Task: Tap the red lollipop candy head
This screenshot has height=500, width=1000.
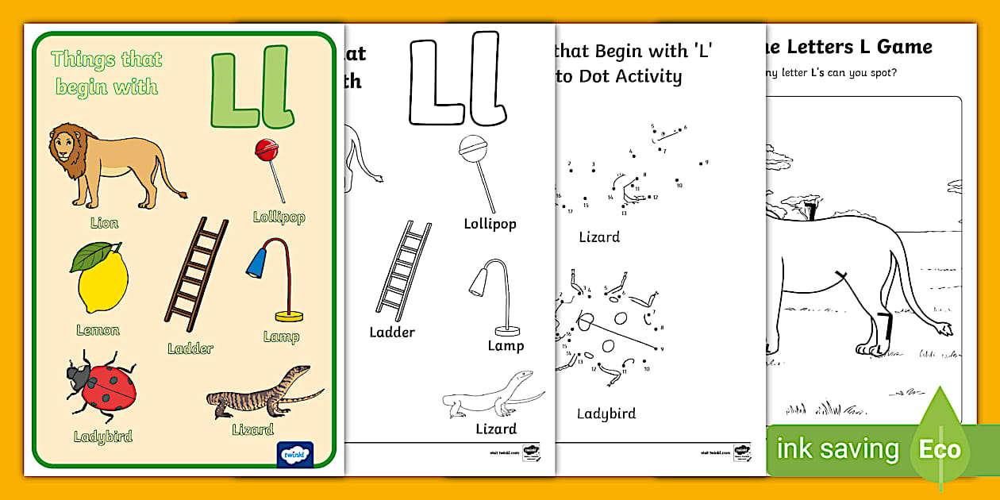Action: [266, 148]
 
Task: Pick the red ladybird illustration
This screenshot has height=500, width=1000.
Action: [103, 389]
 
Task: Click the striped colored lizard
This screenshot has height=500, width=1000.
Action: [262, 394]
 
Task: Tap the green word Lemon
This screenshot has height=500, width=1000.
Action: [98, 330]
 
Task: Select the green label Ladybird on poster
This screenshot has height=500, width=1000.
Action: [103, 437]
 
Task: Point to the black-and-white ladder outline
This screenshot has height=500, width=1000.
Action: [403, 271]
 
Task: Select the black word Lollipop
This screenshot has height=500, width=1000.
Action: [490, 224]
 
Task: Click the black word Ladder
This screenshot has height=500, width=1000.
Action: [392, 333]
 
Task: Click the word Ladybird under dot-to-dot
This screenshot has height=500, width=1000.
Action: [606, 413]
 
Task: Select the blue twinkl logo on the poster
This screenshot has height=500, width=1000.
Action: [295, 454]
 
